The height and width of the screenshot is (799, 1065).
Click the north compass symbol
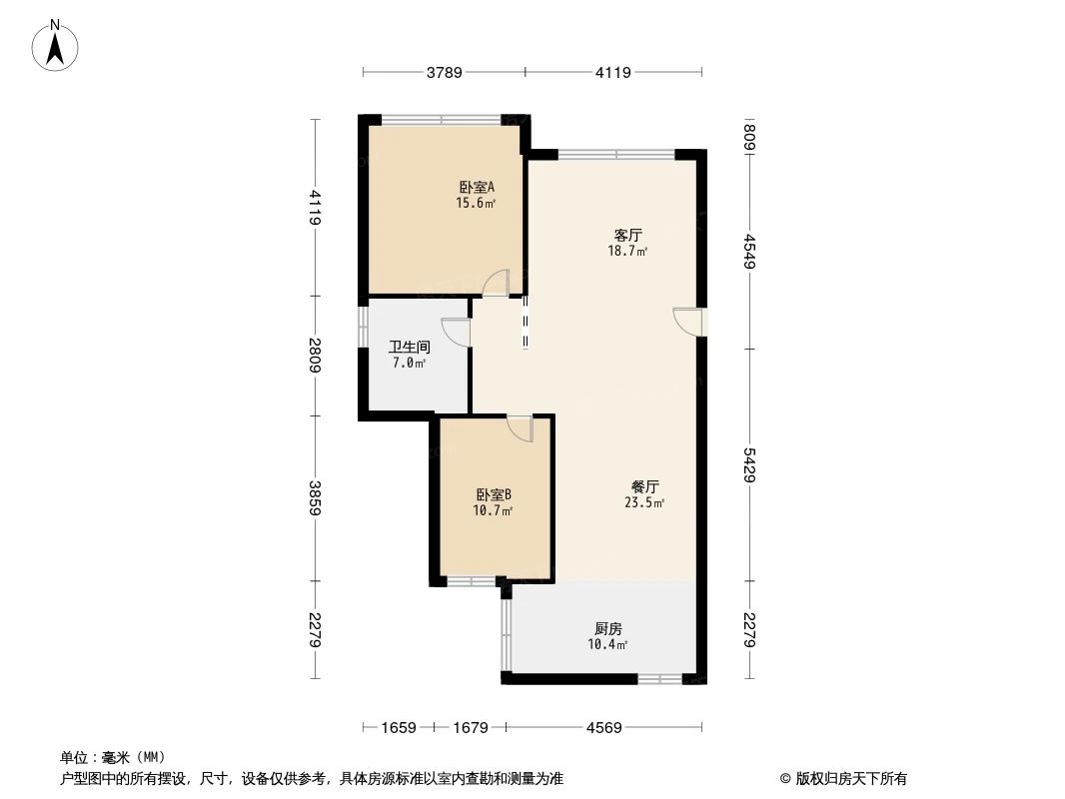[57, 44]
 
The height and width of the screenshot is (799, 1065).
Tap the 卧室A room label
[477, 187]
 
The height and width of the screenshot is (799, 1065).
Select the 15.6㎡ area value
[477, 203]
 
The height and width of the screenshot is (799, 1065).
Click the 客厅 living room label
[627, 236]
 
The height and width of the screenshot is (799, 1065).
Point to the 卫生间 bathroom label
[409, 348]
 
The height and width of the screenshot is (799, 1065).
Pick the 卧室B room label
[494, 494]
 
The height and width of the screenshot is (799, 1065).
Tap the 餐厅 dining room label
[644, 487]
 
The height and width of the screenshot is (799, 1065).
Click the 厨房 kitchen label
[607, 629]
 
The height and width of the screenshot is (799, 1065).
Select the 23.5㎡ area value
[644, 503]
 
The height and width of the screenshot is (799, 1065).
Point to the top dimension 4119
[613, 72]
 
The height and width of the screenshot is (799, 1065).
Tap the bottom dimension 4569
[603, 728]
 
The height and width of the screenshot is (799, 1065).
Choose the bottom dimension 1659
[398, 728]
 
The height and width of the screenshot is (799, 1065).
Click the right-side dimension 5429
[749, 465]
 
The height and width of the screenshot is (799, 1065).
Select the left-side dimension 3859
[315, 498]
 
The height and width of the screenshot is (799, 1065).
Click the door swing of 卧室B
[521, 428]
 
